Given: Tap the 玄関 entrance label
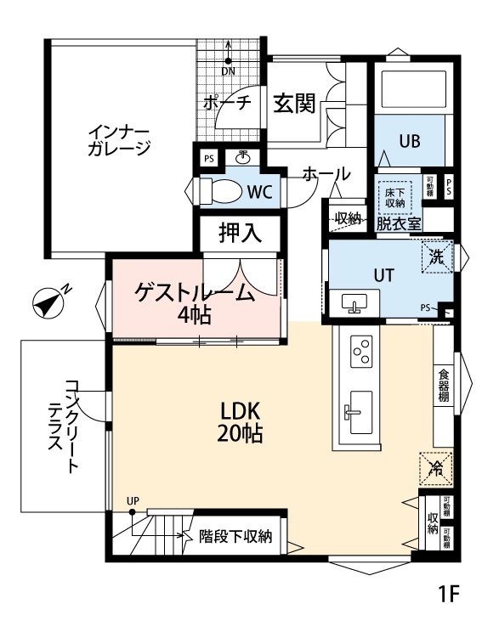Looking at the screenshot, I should (294, 104).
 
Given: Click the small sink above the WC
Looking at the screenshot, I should (243, 157).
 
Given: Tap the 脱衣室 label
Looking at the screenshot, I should (399, 223).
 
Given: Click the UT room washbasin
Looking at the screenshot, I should (354, 302).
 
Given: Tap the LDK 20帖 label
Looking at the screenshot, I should (241, 420).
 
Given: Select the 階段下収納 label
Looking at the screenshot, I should (235, 536).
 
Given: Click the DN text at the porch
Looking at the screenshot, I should (229, 71).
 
